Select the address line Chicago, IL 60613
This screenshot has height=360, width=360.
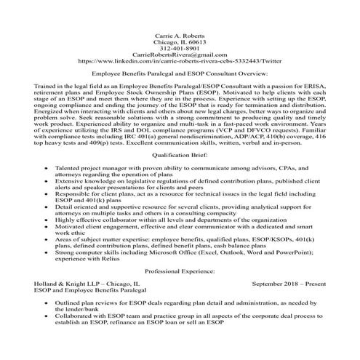pos(180,42)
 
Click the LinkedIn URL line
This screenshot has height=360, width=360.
pos(180,62)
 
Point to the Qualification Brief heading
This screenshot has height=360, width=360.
pos(180,156)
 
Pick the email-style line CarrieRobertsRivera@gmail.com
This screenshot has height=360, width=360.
pos(180,55)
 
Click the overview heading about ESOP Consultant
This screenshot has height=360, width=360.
pos(180,75)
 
